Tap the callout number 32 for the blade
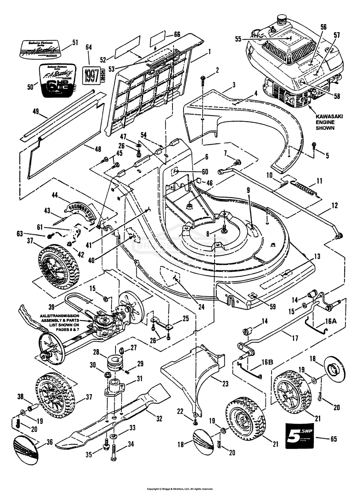[x=159, y=419]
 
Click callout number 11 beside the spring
[x=319, y=180]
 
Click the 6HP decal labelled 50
[x=57, y=81]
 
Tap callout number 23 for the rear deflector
[x=225, y=384]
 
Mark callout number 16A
[x=330, y=321]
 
